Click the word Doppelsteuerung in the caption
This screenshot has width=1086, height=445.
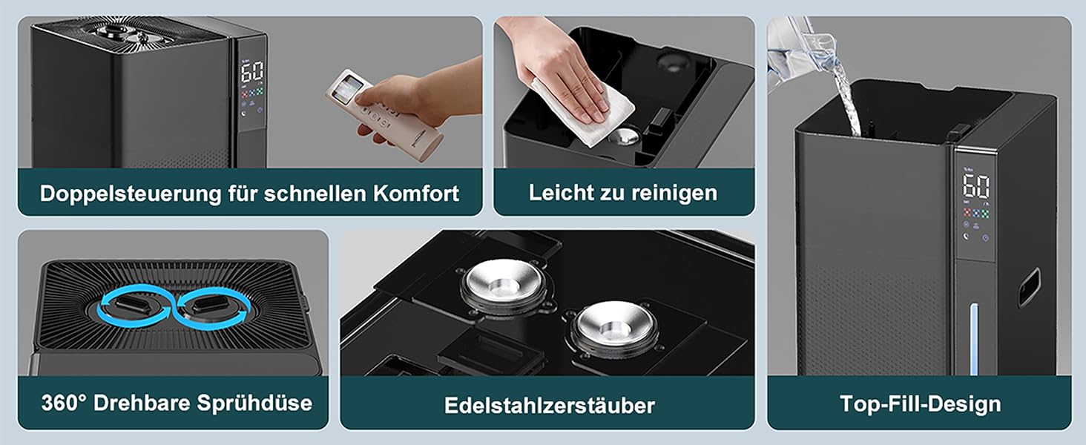click(x=130, y=194)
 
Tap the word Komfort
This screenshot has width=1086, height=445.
click(x=416, y=193)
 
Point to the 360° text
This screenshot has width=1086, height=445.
click(x=64, y=402)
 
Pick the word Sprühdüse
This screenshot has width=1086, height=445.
click(x=254, y=403)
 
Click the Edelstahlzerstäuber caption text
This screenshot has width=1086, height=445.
click(x=549, y=405)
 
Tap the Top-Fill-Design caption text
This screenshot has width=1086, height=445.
click(x=920, y=403)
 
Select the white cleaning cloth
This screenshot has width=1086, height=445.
click(x=585, y=111)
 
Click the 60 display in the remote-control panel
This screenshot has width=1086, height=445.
click(x=252, y=72)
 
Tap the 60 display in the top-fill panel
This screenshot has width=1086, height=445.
click(x=975, y=186)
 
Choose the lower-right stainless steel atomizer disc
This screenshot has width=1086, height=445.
click(x=614, y=327)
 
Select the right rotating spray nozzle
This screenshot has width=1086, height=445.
click(x=208, y=306)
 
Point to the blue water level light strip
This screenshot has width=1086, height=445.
click(x=973, y=340)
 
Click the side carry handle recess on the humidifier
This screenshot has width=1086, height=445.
click(x=1028, y=287)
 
